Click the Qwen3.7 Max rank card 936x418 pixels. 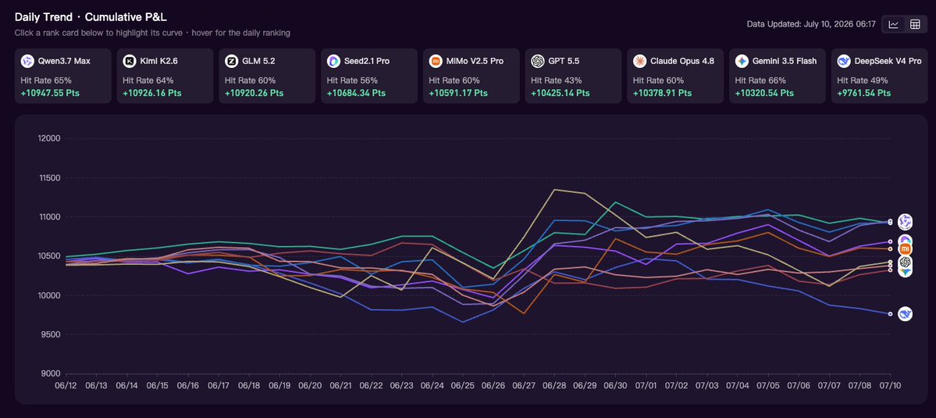coord(63,76)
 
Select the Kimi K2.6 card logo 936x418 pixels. coord(130,61)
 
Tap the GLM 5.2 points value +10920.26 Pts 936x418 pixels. coord(254,93)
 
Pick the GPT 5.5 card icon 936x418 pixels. coord(538,61)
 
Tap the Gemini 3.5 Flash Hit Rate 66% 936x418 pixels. coord(760,80)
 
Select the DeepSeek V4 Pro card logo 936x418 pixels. coord(843,61)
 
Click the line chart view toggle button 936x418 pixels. coord(894,24)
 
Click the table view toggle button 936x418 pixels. coord(914,24)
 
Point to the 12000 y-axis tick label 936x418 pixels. coord(50,138)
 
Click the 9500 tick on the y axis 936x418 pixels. coord(52,334)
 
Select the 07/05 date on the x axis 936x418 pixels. coord(768,386)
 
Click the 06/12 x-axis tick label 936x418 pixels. coord(65,386)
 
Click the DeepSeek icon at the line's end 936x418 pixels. coord(906,313)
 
